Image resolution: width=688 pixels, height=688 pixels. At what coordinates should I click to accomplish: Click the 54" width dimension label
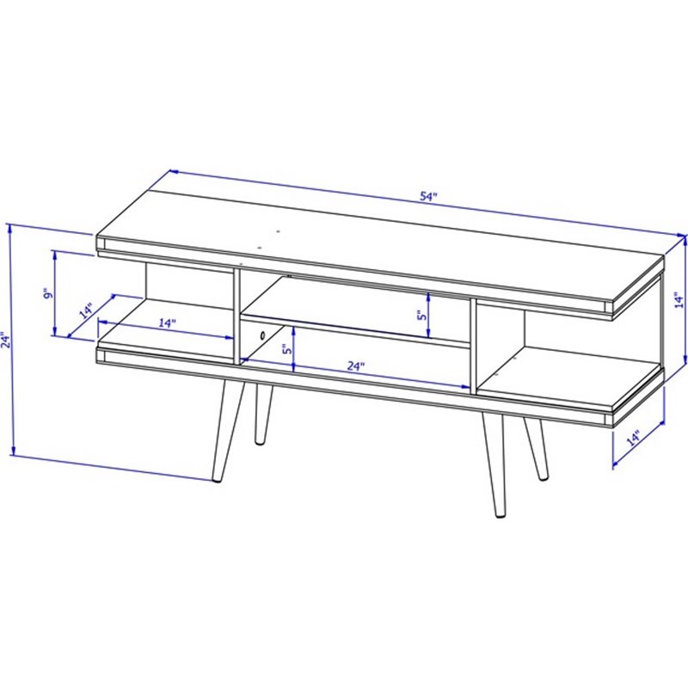click(x=429, y=196)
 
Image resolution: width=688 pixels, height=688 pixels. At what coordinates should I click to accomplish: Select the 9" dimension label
click(x=49, y=294)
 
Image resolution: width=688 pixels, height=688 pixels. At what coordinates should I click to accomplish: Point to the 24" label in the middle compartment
click(x=356, y=365)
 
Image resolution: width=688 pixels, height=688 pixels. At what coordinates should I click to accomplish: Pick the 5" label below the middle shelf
click(x=287, y=350)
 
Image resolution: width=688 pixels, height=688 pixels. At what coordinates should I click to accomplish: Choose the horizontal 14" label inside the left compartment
click(x=167, y=323)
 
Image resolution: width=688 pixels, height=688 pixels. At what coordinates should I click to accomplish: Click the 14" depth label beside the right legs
click(x=635, y=439)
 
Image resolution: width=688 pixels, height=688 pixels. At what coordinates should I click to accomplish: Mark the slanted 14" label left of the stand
click(x=86, y=310)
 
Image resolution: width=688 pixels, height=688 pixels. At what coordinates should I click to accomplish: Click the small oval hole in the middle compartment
click(x=259, y=334)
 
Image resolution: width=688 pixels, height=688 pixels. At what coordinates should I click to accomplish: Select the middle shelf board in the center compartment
click(x=353, y=329)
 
